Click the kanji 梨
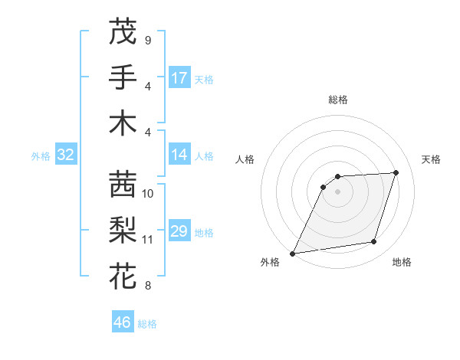coord(123,230)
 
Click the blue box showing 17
coord(179,77)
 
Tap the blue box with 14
coord(179,155)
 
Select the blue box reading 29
coord(179,231)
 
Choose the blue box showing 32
coord(66,155)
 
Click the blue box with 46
coord(123,322)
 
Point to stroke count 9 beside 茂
coord(147,40)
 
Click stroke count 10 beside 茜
coord(148,194)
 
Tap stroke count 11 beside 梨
coord(148,240)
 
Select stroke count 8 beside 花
coord(147,286)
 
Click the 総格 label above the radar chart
coord(338,100)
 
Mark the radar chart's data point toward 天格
coord(396,172)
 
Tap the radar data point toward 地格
coord(374,242)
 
